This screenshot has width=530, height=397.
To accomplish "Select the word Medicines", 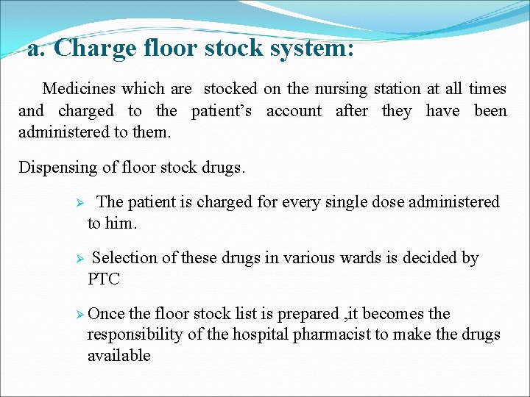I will (x=79, y=89).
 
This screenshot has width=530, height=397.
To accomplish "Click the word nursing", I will (x=341, y=89).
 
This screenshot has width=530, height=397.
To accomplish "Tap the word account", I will (x=294, y=111).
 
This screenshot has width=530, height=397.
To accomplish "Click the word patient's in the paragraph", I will (x=222, y=111).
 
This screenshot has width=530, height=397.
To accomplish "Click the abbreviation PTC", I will (x=104, y=279).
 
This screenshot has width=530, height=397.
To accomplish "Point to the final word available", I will (x=119, y=356).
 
